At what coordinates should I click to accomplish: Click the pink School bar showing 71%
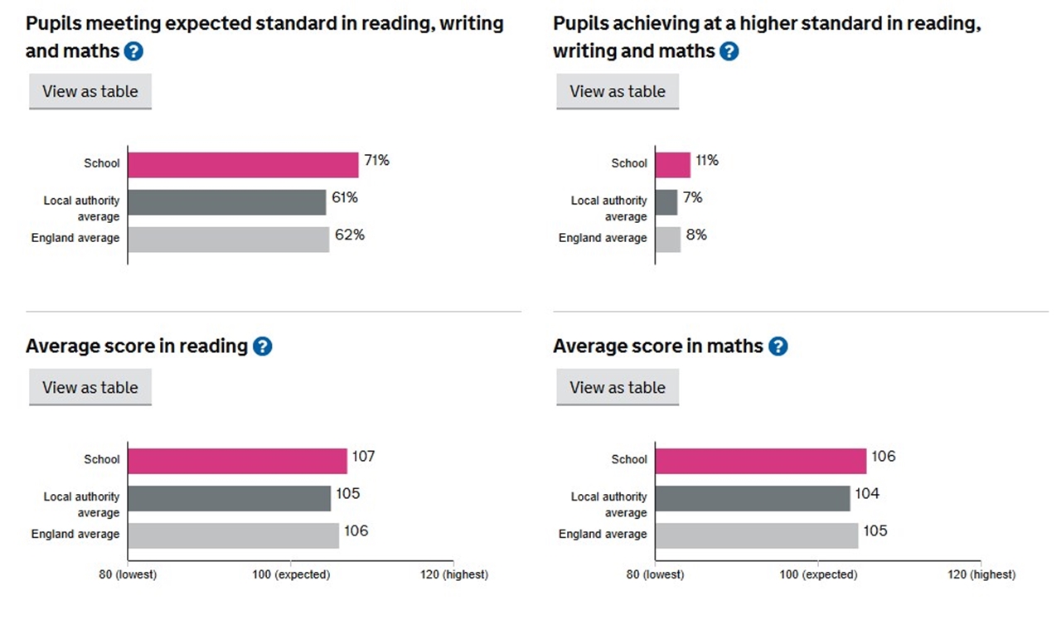(243, 164)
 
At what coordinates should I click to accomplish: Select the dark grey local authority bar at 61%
(226, 202)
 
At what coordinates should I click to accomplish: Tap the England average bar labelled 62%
(228, 240)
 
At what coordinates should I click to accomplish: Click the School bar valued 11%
(672, 164)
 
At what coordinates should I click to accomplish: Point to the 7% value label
(692, 198)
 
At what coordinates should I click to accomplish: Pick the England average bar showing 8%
(667, 240)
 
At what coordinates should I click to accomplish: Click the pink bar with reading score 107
(237, 461)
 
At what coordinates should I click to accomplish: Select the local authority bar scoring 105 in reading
(229, 498)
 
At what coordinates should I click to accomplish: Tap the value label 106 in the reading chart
(356, 531)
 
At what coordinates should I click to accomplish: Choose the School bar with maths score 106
(760, 461)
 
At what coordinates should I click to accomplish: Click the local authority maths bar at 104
(752, 498)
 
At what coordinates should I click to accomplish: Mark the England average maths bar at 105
(756, 535)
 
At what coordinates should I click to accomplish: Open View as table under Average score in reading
(90, 387)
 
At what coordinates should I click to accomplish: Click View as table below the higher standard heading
(618, 91)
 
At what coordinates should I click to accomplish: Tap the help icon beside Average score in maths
(778, 346)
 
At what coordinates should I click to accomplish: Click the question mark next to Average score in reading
(262, 346)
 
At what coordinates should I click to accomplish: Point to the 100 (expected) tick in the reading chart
(290, 574)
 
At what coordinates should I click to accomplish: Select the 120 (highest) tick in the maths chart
(981, 574)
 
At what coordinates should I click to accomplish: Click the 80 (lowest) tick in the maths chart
(655, 574)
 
